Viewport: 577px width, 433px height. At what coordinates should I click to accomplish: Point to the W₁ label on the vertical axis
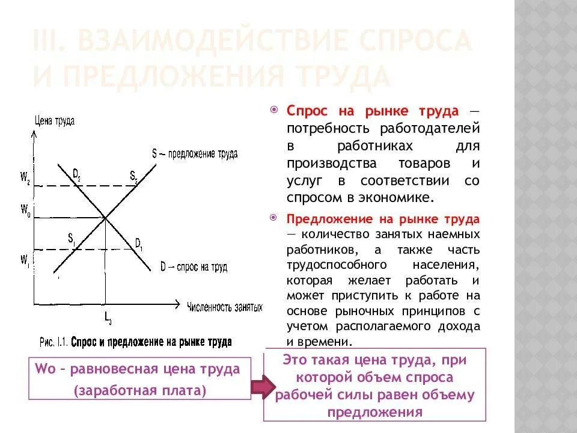[x=25, y=259]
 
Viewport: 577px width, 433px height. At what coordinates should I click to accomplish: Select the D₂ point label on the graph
[x=77, y=174]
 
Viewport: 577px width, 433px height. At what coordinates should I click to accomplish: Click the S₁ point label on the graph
[x=71, y=239]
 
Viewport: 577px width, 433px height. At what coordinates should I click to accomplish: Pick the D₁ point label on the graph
[x=138, y=244]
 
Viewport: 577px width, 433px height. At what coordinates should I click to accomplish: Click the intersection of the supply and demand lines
[x=106, y=217]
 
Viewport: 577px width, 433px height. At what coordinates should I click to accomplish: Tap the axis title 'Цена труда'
[x=55, y=120]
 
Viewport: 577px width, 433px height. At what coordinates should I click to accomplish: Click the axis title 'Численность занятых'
[x=225, y=307]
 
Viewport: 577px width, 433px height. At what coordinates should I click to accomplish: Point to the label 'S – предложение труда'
[x=195, y=153]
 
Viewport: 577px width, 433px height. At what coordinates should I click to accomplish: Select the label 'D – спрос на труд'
[x=194, y=266]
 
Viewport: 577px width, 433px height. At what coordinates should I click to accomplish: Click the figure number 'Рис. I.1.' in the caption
[x=54, y=342]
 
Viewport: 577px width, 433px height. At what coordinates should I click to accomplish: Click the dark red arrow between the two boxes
[x=262, y=387]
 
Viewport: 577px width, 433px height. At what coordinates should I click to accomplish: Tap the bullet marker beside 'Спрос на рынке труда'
[x=274, y=111]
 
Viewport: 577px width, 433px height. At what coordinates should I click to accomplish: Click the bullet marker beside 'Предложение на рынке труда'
[x=274, y=218]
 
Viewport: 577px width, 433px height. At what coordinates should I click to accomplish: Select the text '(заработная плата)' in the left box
[x=139, y=390]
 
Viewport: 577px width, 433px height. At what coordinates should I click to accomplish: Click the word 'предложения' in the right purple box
[x=374, y=412]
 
